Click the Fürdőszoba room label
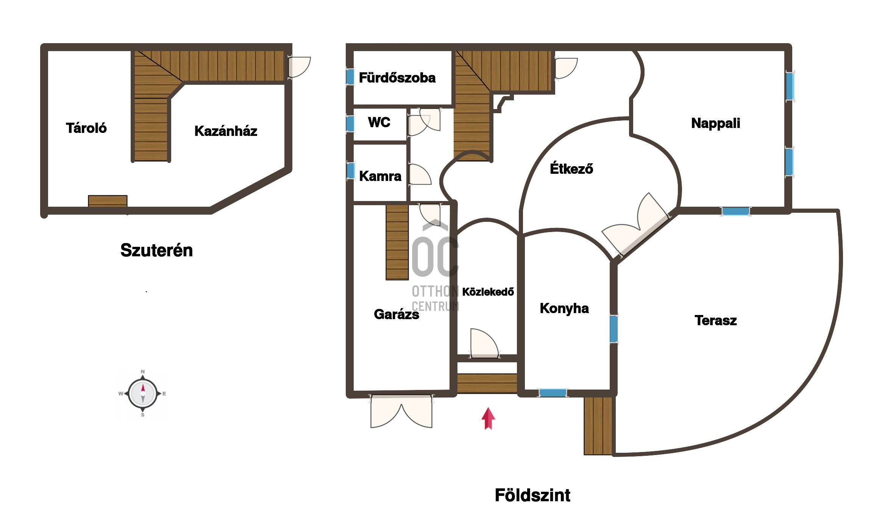pos(397,78)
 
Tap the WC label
pos(379,122)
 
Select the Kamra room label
pos(380,176)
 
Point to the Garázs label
pos(396,314)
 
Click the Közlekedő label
pos(488,291)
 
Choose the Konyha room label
pos(564,309)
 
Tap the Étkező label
pos(571,168)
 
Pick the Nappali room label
pos(715,123)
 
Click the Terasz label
pos(716,320)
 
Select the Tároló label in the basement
pos(86,128)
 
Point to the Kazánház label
pos(226,131)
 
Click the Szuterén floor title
pos(156,250)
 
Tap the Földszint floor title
pos(532,495)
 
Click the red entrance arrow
pos(488,419)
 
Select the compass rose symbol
pos(142,394)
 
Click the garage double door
pos(401,412)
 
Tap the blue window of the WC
pos(350,124)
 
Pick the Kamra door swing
pos(420,175)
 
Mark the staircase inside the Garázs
pos(397,242)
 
